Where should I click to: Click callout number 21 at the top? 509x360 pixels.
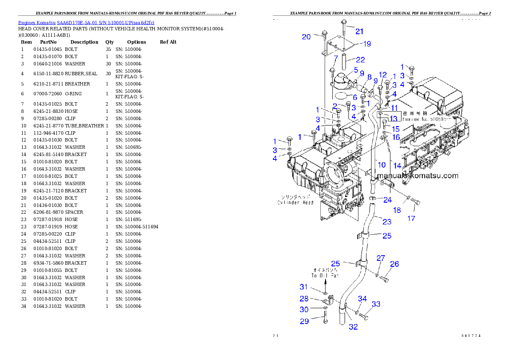coord(359,31)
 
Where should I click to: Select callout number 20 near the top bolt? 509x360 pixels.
coord(306,37)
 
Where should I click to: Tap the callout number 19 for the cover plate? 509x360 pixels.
coord(367,44)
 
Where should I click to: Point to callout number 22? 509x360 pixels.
coord(361,59)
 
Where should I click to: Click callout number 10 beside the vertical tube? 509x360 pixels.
coord(382,164)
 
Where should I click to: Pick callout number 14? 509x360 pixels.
coord(397,165)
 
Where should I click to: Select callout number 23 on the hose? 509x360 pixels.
coord(387,221)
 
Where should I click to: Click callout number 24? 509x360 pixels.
coord(387,200)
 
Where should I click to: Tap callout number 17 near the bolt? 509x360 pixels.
coord(411,218)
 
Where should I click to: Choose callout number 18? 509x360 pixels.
coord(397,210)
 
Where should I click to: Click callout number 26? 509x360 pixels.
coord(394,264)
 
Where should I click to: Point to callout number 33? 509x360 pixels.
coord(376,304)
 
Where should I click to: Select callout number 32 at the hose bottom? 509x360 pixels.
coord(353,327)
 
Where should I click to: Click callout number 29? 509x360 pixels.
coord(304,321)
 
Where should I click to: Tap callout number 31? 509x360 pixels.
coord(304,287)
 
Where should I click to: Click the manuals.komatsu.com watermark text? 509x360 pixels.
coord(418,176)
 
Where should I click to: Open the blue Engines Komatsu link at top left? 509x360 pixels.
coord(86,22)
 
